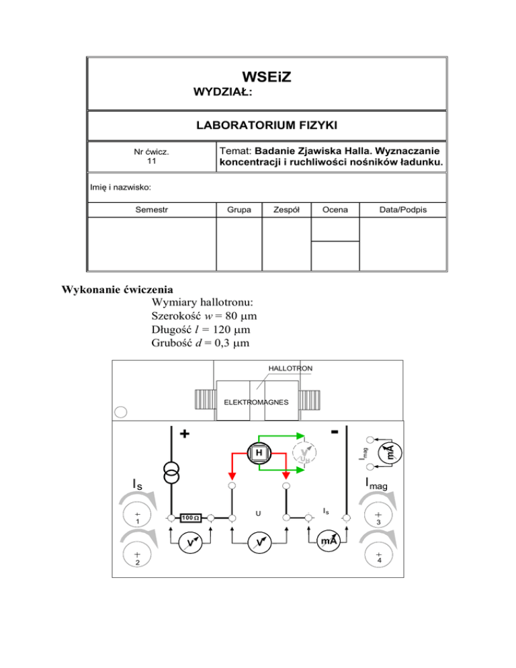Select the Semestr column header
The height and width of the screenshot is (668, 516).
pyautogui.click(x=150, y=210)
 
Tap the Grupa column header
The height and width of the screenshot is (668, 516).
pyautogui.click(x=238, y=210)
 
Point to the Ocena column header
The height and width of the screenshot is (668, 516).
pyautogui.click(x=334, y=210)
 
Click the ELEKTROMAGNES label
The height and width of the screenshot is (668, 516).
pyautogui.click(x=255, y=403)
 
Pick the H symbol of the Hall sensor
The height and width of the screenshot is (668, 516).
pyautogui.click(x=259, y=454)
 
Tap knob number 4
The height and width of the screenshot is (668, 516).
pyautogui.click(x=379, y=555)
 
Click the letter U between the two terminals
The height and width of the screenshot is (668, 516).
pyautogui.click(x=258, y=514)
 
